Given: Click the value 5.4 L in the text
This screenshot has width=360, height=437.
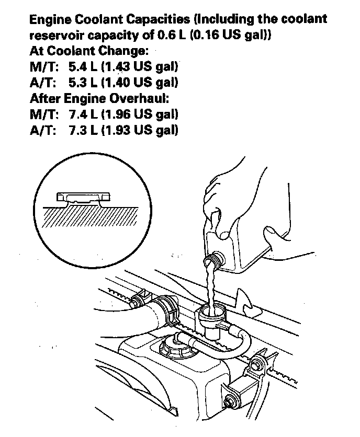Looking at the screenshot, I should pos(82,67).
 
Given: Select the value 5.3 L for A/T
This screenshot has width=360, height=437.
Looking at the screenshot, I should pos(82,83).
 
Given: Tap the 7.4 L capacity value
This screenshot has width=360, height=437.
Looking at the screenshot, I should pos(82,114).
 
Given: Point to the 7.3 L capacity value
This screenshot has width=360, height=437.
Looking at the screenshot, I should pos(82,130).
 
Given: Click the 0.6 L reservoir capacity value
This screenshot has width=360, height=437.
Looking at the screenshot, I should pos(170,36).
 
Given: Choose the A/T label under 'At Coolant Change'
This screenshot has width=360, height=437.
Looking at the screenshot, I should pos(43,83).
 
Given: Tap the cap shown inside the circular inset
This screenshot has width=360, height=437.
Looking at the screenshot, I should pos(84,198).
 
